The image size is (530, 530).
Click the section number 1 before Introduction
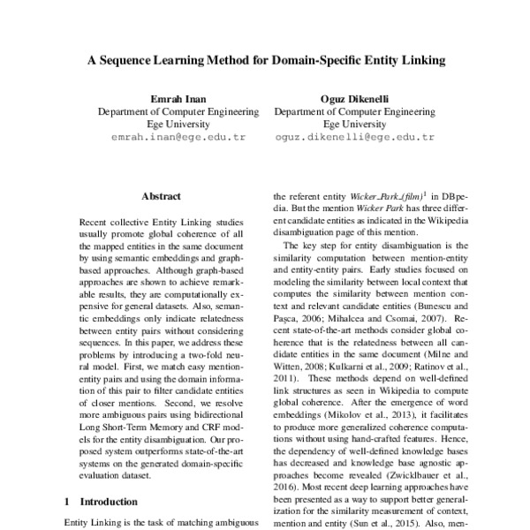coord(67,501)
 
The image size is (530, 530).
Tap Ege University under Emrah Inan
coord(178,125)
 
